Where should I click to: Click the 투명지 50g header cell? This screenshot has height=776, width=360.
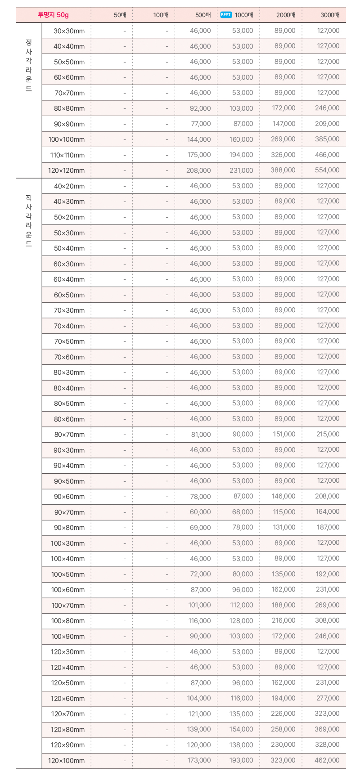pyautogui.click(x=53, y=15)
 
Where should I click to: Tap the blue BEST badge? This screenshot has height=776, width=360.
pyautogui.click(x=226, y=15)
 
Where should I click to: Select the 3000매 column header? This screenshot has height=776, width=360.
pyautogui.click(x=330, y=15)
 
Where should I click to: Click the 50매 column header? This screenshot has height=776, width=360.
pyautogui.click(x=120, y=15)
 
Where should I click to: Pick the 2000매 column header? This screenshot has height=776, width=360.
pyautogui.click(x=286, y=15)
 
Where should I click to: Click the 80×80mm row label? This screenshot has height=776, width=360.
pyautogui.click(x=69, y=108)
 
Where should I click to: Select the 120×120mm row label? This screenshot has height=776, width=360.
pyautogui.click(x=67, y=170)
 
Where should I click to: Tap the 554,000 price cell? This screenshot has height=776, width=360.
pyautogui.click(x=327, y=170)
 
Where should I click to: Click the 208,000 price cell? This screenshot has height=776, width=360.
pyautogui.click(x=198, y=170)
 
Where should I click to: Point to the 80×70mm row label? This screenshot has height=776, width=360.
pyautogui.click(x=69, y=435)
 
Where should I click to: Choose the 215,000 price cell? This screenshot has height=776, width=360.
pyautogui.click(x=328, y=434)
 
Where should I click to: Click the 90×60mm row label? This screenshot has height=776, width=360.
pyautogui.click(x=69, y=497)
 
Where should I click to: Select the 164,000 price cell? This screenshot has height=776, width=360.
pyautogui.click(x=328, y=511)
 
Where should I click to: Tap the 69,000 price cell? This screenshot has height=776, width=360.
pyautogui.click(x=200, y=528)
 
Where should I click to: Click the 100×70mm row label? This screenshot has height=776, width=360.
pyautogui.click(x=68, y=606)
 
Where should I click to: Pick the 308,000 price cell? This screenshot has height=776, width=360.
pyautogui.click(x=327, y=620)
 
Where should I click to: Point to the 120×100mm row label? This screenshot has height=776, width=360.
pyautogui.click(x=67, y=761)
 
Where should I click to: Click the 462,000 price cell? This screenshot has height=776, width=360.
pyautogui.click(x=327, y=760)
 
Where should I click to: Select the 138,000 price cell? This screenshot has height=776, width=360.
pyautogui.click(x=241, y=745)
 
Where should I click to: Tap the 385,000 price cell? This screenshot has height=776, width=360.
pyautogui.click(x=327, y=139)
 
